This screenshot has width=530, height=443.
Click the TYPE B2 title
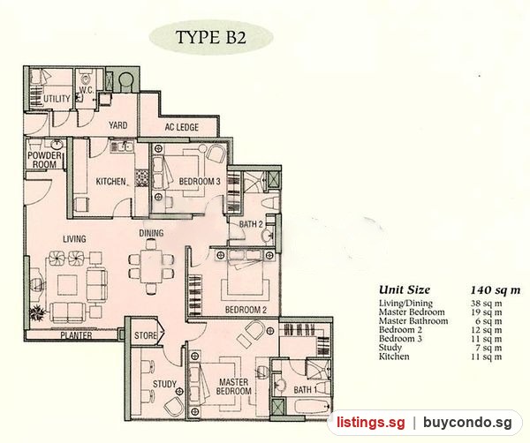point(211,37)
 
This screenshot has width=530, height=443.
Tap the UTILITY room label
point(57,99)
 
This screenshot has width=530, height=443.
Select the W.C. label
point(87,90)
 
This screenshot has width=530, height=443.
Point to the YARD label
point(118,125)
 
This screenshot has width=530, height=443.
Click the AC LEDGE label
point(182,127)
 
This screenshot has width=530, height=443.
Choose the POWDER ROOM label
point(45,160)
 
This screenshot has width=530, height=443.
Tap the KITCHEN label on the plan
point(111,182)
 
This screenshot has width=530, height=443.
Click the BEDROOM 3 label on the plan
point(200,181)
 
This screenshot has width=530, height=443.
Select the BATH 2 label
point(251,224)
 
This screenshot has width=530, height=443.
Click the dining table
point(151,267)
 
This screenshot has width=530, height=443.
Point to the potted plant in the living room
point(37,312)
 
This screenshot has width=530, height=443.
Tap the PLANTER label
point(76,335)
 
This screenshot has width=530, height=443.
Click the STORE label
point(146,335)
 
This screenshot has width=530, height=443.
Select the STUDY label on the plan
point(164,384)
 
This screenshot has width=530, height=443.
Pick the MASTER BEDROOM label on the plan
point(233,387)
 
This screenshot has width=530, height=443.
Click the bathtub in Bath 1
point(312,406)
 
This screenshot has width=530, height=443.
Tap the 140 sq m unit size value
point(496,290)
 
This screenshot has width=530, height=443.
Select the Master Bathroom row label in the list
point(413,320)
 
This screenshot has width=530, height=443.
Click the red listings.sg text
point(370,423)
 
